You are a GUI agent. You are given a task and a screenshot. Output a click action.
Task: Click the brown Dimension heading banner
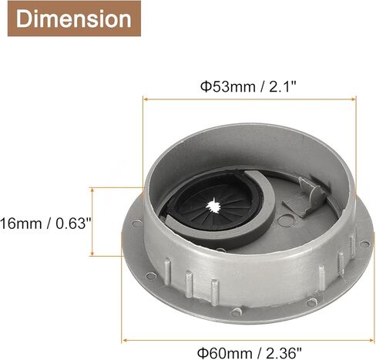coord(74,19)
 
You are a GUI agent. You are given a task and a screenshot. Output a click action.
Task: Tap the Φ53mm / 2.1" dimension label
coord(248,86)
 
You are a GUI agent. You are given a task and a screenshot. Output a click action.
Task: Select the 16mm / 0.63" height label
coord(45,223)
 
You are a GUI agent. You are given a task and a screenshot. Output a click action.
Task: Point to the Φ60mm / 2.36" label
coord(249,353)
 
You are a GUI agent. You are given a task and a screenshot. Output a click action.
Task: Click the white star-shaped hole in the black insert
coord(213,205)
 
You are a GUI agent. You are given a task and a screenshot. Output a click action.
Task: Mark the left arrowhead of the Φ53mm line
coord(146,99)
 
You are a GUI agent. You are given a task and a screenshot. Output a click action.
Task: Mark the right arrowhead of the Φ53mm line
coord(353,99)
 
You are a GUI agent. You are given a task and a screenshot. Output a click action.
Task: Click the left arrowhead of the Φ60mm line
coord(125,341)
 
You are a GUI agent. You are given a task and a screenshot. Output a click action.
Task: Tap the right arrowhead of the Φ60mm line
coord(371,341)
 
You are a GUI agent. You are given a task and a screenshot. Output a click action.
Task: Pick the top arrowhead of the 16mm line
coord(92,190)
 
